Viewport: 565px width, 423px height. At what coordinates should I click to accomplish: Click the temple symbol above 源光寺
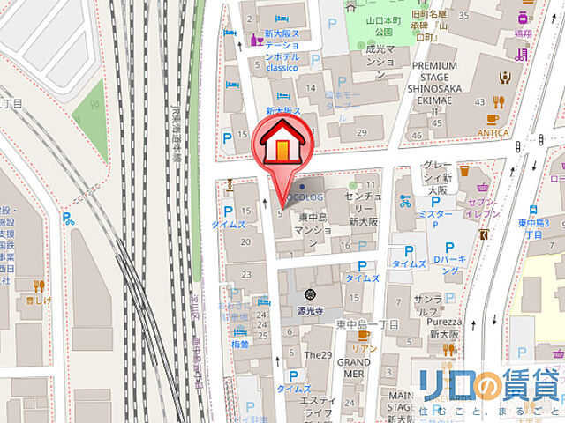click(x=309, y=295)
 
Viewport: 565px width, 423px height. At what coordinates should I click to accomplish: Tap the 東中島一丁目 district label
click(x=368, y=324)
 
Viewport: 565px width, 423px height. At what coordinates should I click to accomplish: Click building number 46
click(x=417, y=136)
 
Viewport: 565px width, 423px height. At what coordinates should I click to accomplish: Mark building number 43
click(x=480, y=103)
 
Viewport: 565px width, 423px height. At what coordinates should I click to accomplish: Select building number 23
click(x=246, y=275)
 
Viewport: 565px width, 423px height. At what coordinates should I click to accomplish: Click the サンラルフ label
click(x=427, y=304)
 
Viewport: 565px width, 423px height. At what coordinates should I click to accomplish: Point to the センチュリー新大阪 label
click(x=363, y=211)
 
